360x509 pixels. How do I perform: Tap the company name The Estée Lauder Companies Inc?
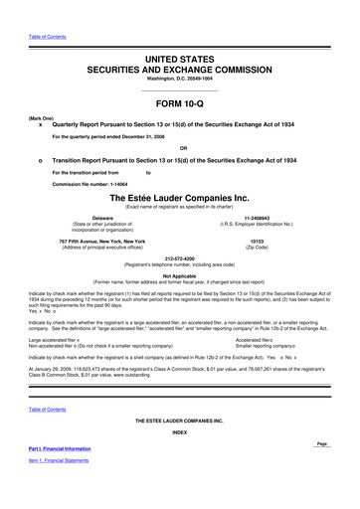pos(179,198)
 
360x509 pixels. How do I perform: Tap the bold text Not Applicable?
pos(179,275)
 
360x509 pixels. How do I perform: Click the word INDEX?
pos(179,432)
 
